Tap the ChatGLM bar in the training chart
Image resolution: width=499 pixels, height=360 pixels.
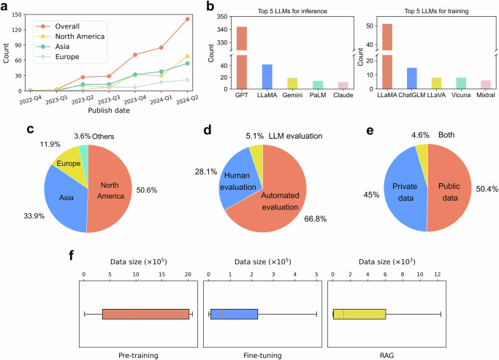(412, 78)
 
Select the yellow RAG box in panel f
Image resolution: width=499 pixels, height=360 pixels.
(359, 314)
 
